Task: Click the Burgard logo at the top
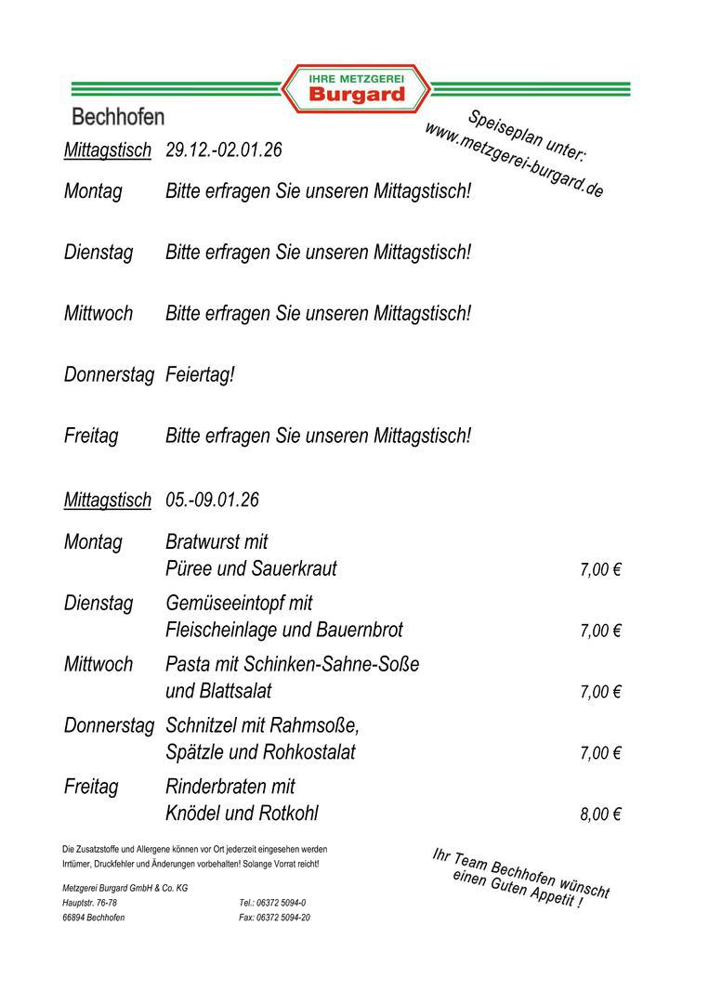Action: click(x=356, y=89)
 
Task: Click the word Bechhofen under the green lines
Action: click(x=118, y=117)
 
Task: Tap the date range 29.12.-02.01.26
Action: click(x=224, y=150)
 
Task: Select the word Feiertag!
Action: click(x=200, y=375)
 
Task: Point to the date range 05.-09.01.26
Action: click(x=212, y=500)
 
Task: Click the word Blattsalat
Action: click(x=235, y=691)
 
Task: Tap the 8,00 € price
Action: click(x=600, y=814)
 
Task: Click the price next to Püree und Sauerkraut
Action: click(x=600, y=569)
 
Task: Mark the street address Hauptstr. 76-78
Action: click(x=89, y=903)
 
